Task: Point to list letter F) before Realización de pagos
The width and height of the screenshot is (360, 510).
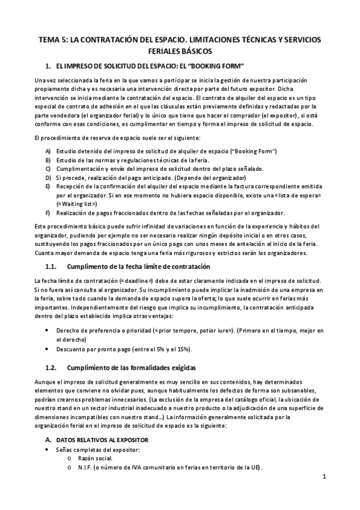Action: coord(48,213)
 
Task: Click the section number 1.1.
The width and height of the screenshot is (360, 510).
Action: coord(53,266)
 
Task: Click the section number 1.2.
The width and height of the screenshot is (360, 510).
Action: coord(53,367)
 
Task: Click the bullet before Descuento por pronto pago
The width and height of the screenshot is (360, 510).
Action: coord(48,348)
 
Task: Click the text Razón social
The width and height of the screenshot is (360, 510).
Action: coord(96,459)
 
